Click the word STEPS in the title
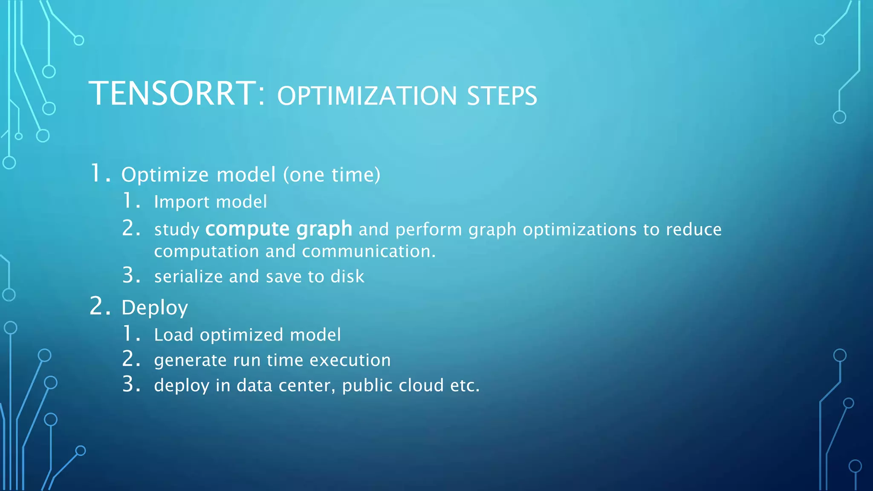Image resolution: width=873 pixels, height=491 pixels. (x=502, y=96)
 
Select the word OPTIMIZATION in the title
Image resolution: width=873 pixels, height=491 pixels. (x=367, y=96)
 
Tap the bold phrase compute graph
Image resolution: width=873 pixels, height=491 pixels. (x=279, y=229)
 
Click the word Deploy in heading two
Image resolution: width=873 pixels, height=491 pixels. (x=154, y=308)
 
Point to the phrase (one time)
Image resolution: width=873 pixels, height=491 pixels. (x=332, y=175)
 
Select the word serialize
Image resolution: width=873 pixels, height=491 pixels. (x=188, y=277)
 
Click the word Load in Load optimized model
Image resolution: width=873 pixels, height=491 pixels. (x=173, y=335)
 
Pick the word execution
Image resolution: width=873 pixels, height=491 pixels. (x=350, y=360)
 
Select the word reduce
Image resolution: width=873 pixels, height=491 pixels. (x=694, y=229)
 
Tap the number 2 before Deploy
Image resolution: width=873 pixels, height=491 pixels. (x=97, y=306)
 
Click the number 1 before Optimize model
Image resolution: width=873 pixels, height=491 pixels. (x=97, y=173)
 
